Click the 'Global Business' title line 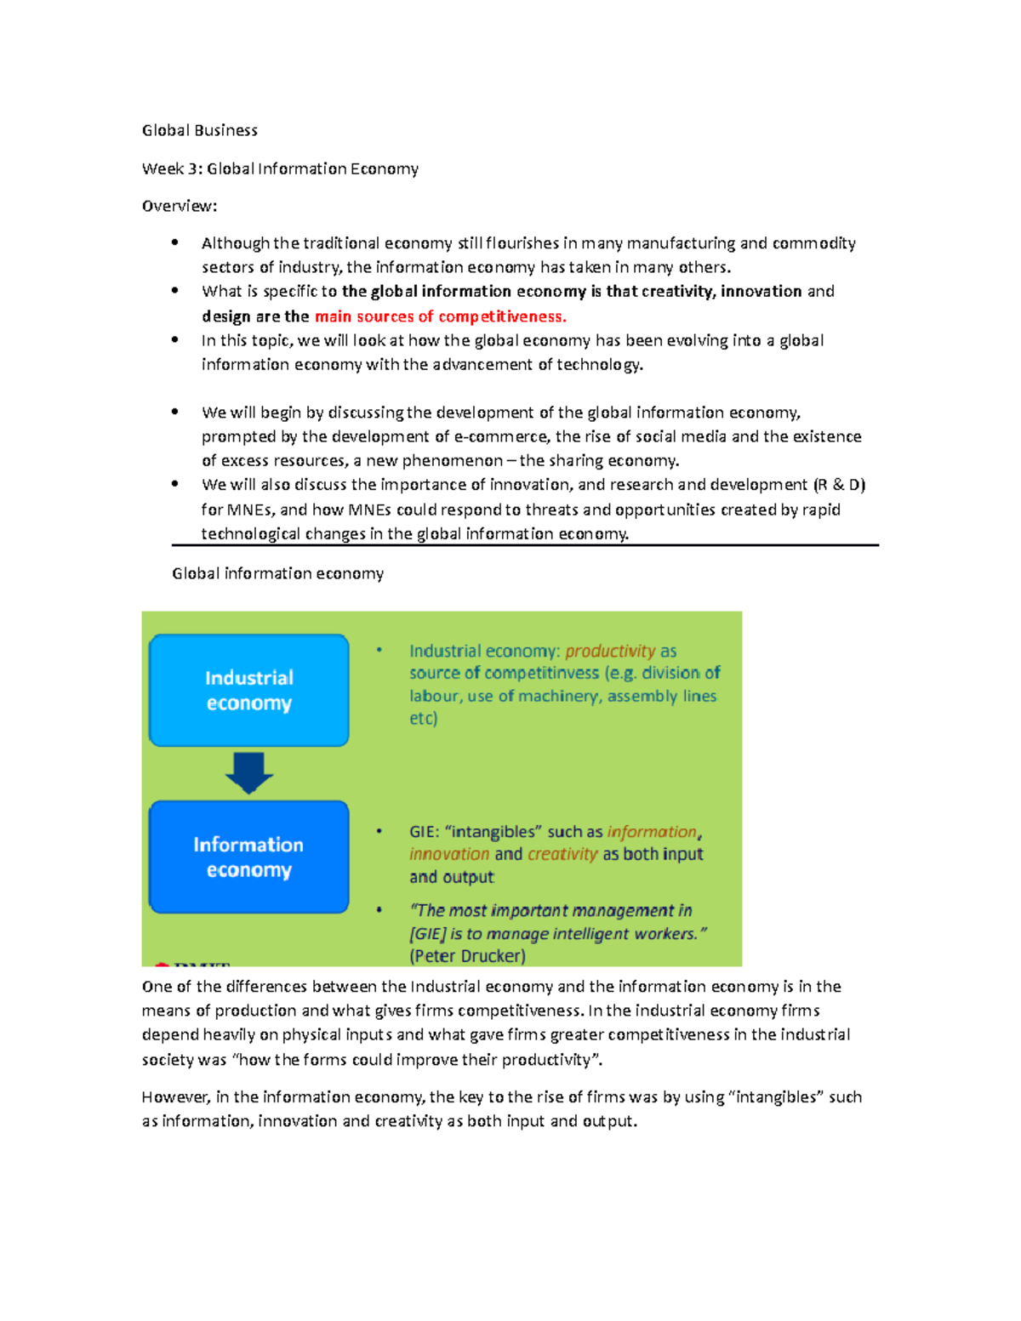(x=199, y=130)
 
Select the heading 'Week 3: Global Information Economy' (x=280, y=168)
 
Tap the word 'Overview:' (x=180, y=206)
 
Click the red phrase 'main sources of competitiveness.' (x=440, y=316)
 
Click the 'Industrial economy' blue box (x=248, y=690)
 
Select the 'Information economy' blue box (x=248, y=857)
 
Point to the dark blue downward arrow (x=248, y=772)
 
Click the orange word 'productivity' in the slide (x=610, y=651)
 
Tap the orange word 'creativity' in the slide (x=562, y=854)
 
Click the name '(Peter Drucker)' (x=467, y=955)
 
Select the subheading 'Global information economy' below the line (x=277, y=573)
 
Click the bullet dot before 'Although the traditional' (x=174, y=242)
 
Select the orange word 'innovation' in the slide (x=449, y=854)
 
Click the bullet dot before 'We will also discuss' (x=174, y=484)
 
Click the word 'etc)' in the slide (x=423, y=718)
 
